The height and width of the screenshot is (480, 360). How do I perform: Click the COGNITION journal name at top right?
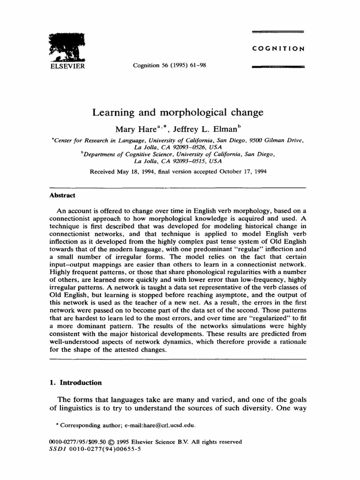click(x=278, y=48)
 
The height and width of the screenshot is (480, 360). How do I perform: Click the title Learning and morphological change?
click(x=178, y=113)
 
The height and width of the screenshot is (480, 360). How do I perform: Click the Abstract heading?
click(x=62, y=195)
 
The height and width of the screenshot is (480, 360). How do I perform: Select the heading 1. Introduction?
click(x=75, y=382)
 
